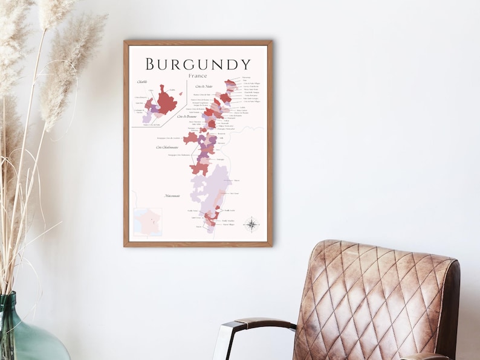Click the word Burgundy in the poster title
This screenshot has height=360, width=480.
pos(198,64)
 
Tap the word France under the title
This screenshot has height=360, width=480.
pos(198,76)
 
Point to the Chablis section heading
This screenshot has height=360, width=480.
pos(142,82)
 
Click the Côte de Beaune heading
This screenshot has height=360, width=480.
pos(188,116)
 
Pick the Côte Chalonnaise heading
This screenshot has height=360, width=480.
pos(167,147)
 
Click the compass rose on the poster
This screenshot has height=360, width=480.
pos(251,225)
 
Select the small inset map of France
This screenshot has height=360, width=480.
pos(148,222)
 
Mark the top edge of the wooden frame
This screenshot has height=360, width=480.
pos(198,43)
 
